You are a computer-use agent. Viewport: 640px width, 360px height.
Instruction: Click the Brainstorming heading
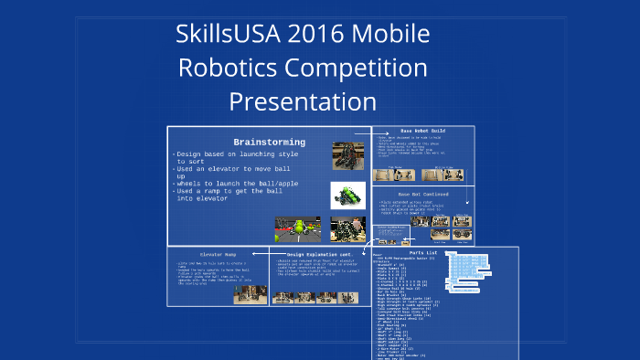[x=270, y=143]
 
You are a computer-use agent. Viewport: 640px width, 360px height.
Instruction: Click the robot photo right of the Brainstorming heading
[x=347, y=155]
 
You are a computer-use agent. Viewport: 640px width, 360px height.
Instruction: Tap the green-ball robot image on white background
[x=347, y=196]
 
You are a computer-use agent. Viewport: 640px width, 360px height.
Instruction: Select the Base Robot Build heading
[x=426, y=132]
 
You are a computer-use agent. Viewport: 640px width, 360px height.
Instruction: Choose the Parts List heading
[x=425, y=252]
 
